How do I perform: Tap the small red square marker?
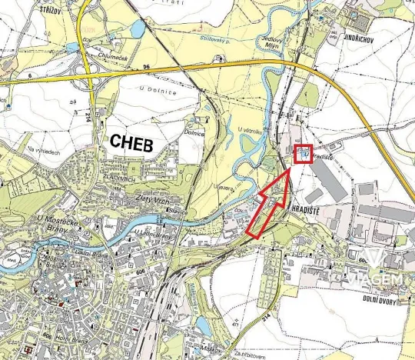(x=304, y=154)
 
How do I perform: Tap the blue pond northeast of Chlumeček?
(x=138, y=30)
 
